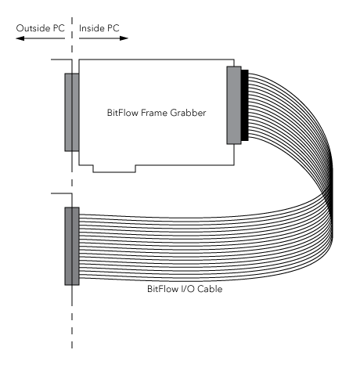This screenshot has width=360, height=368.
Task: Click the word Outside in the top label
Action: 33,28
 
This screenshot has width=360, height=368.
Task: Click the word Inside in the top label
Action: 90,28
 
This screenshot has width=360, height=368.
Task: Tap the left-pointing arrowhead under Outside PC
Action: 20,38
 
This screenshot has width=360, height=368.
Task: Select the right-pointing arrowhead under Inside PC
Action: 124,38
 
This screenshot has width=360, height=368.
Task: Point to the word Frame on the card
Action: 154,113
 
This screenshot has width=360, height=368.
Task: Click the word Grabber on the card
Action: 188,113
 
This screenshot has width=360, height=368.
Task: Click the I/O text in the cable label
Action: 187,289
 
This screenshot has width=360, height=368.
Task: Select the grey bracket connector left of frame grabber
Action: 72,112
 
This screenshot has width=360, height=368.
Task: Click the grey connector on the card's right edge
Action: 234,105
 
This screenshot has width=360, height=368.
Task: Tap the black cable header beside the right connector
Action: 245,105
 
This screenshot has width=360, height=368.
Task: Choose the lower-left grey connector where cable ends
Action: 72,246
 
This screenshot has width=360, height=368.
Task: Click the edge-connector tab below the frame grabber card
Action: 114,168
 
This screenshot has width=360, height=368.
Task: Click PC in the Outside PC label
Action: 59,28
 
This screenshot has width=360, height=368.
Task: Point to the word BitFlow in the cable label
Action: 163,289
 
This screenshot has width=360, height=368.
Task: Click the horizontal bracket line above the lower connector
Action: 61,193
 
